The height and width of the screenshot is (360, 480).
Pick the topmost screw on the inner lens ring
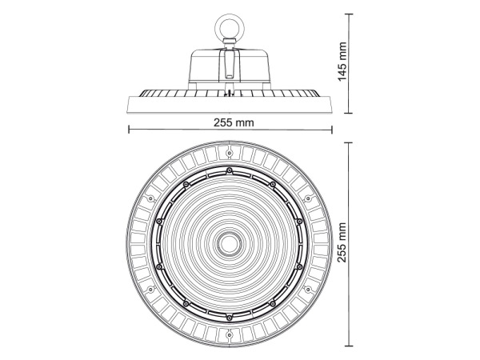[229, 170]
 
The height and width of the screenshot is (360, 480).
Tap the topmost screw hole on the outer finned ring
[229, 152]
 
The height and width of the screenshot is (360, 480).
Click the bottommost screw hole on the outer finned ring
[229, 336]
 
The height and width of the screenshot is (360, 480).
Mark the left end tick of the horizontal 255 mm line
[128, 130]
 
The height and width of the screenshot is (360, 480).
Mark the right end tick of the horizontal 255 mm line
[330, 130]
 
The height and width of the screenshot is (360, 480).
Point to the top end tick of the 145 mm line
[350, 14]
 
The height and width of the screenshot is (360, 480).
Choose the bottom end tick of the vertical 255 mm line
[350, 346]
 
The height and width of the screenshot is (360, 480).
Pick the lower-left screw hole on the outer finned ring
[150, 290]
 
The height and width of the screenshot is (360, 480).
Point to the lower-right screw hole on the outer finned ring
[308, 290]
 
